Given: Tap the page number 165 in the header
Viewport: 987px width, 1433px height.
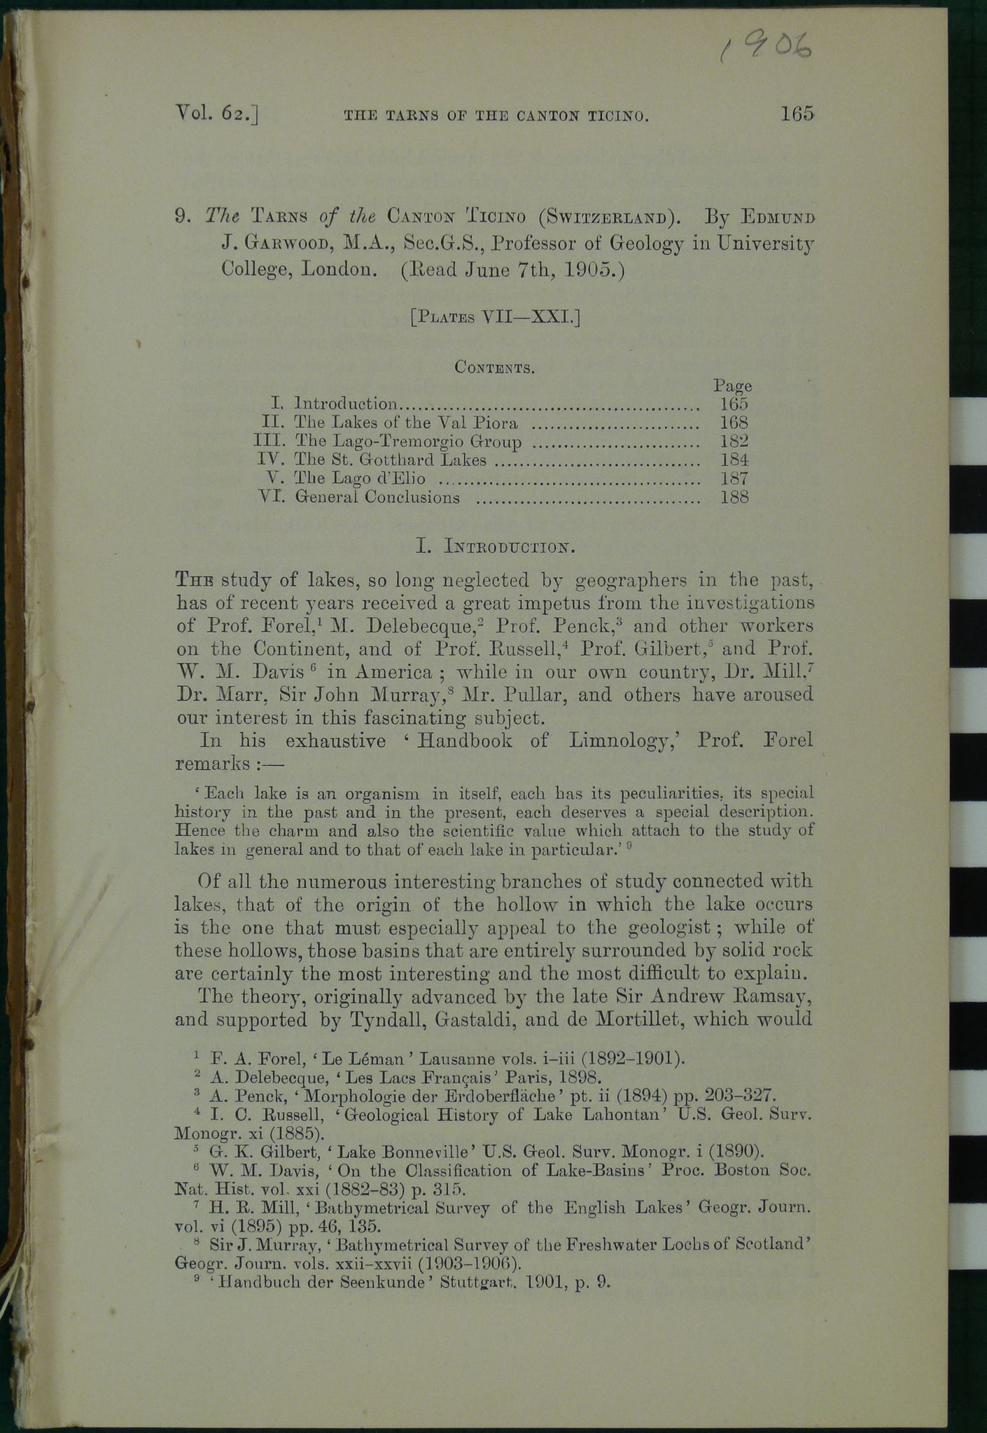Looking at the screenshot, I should (x=797, y=114).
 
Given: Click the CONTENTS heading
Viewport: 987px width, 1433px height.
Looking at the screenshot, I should (x=495, y=367).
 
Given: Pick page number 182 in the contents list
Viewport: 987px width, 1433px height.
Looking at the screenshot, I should (x=734, y=441).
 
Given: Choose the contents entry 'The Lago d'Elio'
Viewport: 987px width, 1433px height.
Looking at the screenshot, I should (x=360, y=479).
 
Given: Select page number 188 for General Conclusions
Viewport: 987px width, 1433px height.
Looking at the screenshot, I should (x=734, y=497).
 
